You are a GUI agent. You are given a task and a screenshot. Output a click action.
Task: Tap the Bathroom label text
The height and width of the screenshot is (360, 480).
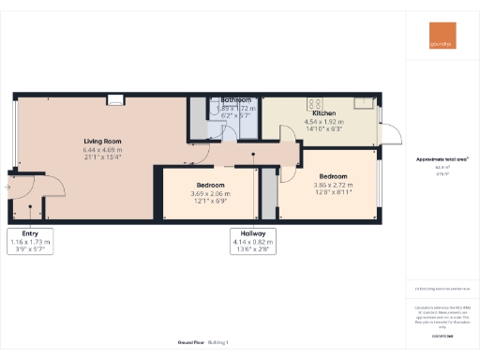pyautogui.click(x=235, y=99)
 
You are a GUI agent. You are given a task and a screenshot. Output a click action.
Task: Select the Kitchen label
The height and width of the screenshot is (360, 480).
pyautogui.click(x=324, y=112)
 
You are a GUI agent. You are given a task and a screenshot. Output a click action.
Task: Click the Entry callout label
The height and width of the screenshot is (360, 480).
pyautogui.click(x=29, y=234)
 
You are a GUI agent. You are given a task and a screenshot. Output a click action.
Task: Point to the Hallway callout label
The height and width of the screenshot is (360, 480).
pyautogui.click(x=252, y=234)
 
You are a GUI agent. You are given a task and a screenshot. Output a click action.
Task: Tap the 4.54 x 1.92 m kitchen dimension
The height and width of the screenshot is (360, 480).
pyautogui.click(x=324, y=121)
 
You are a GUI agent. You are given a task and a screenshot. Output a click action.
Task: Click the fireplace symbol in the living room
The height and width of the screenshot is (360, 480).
pyautogui.click(x=115, y=97)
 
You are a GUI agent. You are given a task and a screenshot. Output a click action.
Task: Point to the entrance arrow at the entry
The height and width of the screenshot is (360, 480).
pyautogui.click(x=6, y=187)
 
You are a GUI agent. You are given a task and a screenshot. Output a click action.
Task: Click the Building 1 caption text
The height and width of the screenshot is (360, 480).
pyautogui.click(x=217, y=343)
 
